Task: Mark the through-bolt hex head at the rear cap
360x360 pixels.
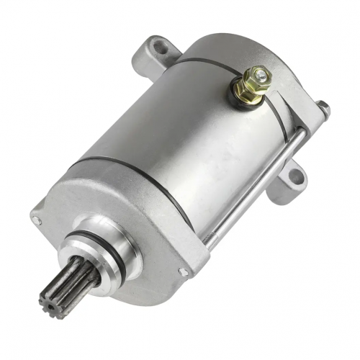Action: pos(323,109)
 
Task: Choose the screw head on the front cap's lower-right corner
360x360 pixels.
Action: pos(184,271)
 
